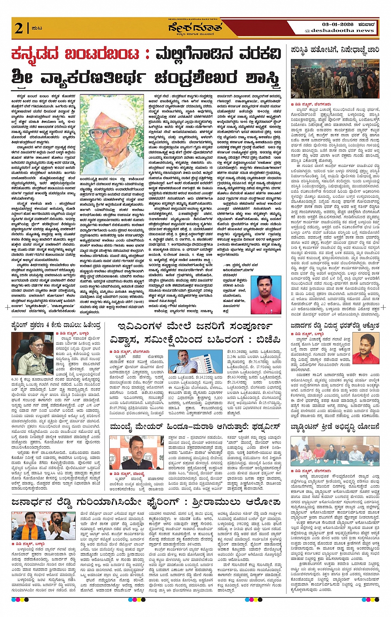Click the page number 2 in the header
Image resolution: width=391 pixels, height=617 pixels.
(x=19, y=28)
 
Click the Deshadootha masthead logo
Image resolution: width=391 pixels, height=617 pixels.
(x=195, y=28)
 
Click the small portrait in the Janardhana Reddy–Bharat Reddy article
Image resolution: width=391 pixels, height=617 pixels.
(x=365, y=349)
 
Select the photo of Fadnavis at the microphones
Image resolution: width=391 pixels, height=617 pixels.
(x=136, y=452)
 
